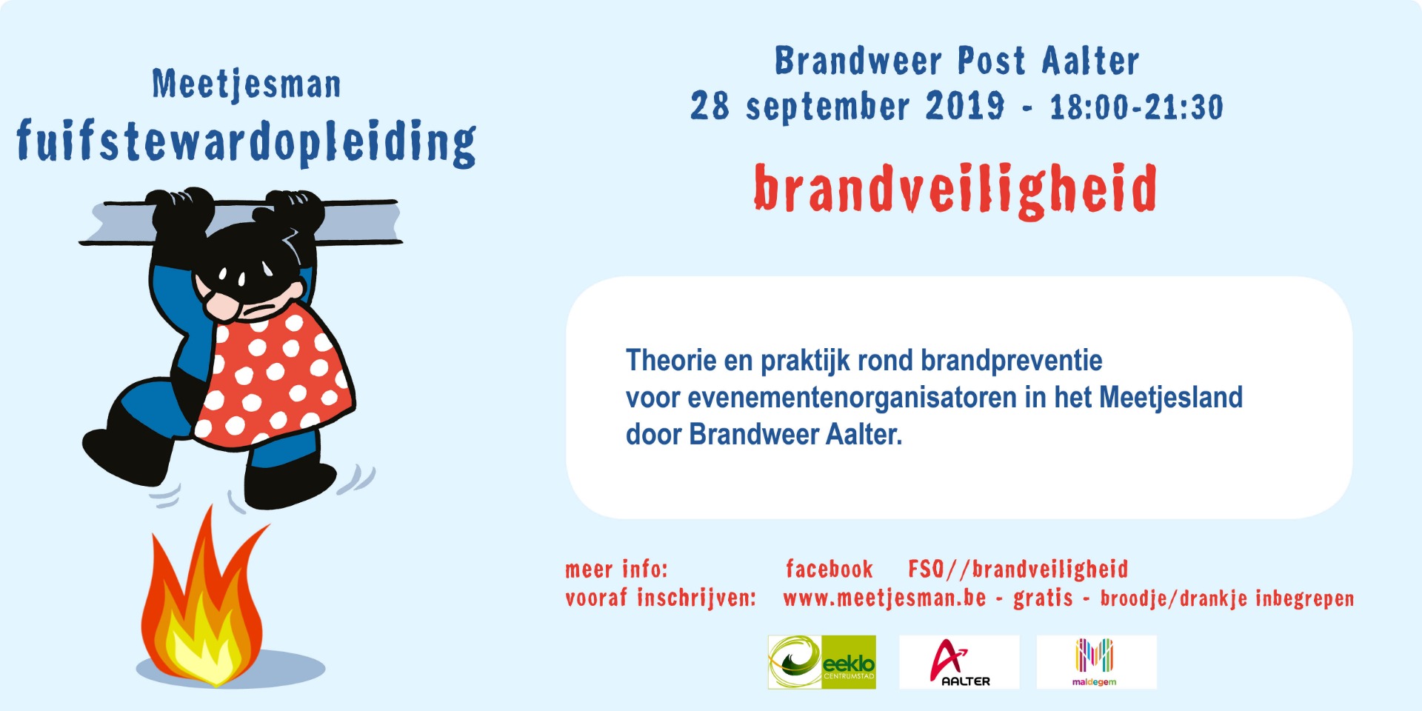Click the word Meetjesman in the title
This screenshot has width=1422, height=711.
tap(247, 84)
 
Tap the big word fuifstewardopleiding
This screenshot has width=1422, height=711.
tap(247, 142)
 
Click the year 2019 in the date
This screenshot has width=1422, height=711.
tap(965, 106)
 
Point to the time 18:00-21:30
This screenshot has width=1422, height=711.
tap(1137, 107)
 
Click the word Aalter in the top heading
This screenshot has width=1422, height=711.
tap(1090, 61)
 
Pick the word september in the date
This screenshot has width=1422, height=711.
tap(828, 107)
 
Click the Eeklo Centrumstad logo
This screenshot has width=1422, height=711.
tap(821, 662)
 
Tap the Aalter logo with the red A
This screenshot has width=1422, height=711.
tap(959, 662)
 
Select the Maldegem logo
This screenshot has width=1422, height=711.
tap(1096, 662)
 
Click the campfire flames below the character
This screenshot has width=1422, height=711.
tap(204, 604)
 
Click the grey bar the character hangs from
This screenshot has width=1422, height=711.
tap(241, 221)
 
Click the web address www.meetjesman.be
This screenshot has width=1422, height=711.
tap(884, 598)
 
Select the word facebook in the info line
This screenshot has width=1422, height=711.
tap(829, 569)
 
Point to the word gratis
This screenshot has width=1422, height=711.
tap(1043, 598)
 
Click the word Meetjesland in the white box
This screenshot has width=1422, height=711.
tap(1171, 398)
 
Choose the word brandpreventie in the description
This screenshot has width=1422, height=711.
tap(1012, 361)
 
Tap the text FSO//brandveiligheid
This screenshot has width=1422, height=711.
tap(1018, 569)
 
